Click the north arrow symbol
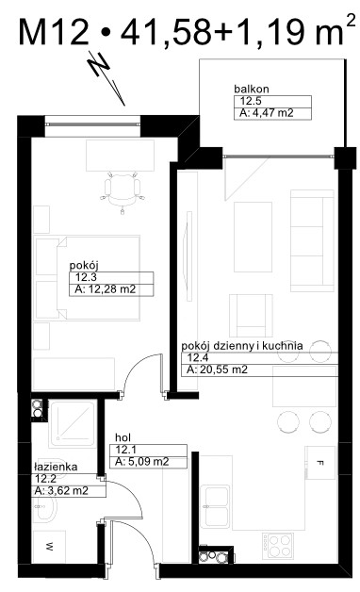(x=106, y=77)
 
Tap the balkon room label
(x=252, y=90)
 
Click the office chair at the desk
(x=122, y=191)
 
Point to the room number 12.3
(x=86, y=277)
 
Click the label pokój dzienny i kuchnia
(x=242, y=345)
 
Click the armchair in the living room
(x=251, y=316)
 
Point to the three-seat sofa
(x=312, y=240)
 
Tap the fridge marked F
(x=320, y=463)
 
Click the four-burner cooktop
(x=278, y=546)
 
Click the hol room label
(x=123, y=438)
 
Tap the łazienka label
(x=56, y=467)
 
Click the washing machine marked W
(x=49, y=547)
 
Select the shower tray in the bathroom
(x=73, y=425)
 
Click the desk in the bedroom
(x=121, y=156)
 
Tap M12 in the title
(x=53, y=32)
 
